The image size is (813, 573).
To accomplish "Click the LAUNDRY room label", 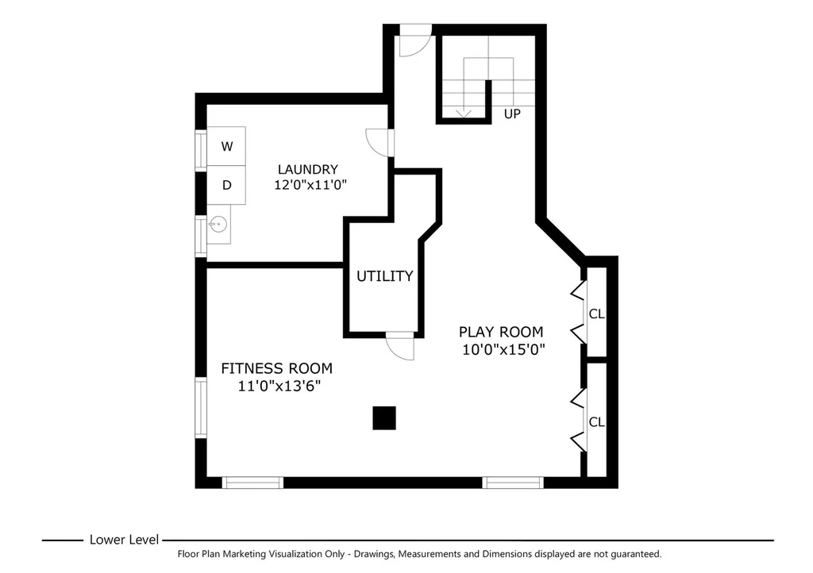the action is (307, 169).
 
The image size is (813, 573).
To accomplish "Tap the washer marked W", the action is (226, 146).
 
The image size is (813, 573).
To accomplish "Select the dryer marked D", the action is (226, 185).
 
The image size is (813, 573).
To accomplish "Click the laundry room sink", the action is (218, 225).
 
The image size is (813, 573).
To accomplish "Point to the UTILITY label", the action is (385, 276).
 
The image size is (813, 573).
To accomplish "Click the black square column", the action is (384, 418).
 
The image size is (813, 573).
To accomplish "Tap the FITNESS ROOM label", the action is (277, 368).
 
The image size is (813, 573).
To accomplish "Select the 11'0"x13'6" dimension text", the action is (279, 386).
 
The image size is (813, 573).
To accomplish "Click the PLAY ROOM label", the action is (501, 332).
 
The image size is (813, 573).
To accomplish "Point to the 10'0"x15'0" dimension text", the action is (503, 350).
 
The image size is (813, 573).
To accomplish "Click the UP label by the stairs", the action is (512, 114).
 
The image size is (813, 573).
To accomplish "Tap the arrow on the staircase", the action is (463, 113).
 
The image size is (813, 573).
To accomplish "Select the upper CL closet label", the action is (597, 313).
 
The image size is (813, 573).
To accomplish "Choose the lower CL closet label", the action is (597, 422).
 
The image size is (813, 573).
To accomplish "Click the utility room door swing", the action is (400, 345).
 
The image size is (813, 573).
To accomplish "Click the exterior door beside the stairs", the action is (415, 40).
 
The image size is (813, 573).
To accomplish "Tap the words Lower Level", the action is (124, 540).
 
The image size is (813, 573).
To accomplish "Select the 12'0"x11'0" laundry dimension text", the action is (310, 184).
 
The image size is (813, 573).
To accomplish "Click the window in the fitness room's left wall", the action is (201, 408).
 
